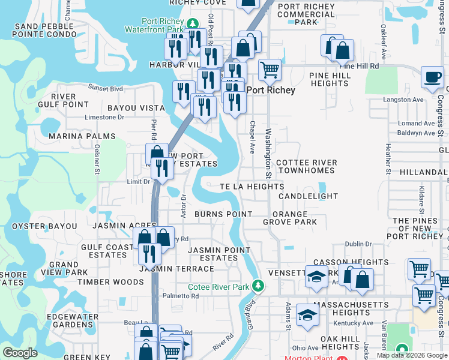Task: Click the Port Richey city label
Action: coord(271,91)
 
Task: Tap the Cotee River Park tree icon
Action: coord(259,284)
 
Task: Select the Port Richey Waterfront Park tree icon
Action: coord(191,24)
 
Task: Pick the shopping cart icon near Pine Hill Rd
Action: coord(270,70)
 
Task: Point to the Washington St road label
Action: coord(268,153)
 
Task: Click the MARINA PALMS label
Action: coord(82,136)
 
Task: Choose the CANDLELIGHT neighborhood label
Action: coord(309,196)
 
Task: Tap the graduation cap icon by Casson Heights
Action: coord(316,276)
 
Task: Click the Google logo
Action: coord(20,353)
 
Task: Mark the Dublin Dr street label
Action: coord(359,244)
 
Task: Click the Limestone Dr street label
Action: coord(104,118)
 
